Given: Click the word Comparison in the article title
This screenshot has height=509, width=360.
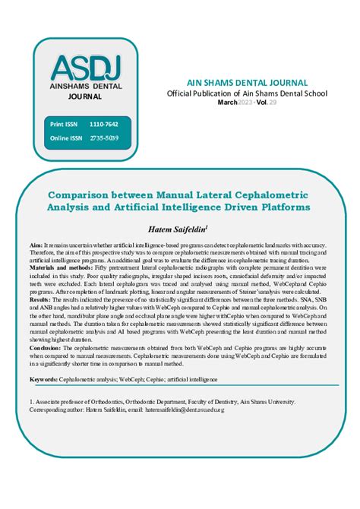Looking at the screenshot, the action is (78, 194).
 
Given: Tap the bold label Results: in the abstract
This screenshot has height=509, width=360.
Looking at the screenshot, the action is (40, 300).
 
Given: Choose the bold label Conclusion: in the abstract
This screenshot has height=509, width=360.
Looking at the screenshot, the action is (47, 347).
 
